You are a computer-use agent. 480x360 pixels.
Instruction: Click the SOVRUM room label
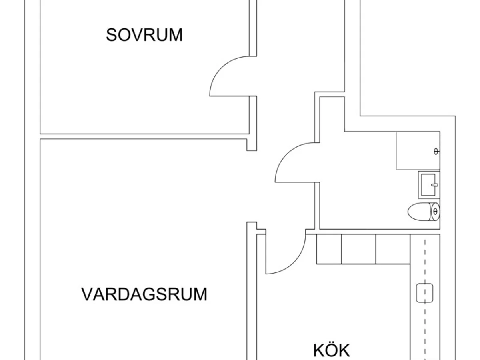tap(144, 35)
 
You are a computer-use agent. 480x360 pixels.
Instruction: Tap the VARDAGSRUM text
tap(144, 294)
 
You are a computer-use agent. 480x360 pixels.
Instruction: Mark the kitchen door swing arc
tap(294, 262)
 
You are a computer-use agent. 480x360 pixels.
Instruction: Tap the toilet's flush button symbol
tap(435, 211)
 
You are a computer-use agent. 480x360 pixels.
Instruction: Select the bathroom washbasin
tap(429, 185)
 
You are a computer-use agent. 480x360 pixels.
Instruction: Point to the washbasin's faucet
tap(435, 185)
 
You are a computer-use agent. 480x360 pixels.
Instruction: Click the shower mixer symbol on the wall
tap(436, 151)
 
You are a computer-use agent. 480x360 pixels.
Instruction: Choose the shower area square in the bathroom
tap(418, 151)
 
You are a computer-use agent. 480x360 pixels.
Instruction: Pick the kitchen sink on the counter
tap(424, 293)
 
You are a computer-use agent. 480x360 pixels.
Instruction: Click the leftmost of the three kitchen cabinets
tap(329, 249)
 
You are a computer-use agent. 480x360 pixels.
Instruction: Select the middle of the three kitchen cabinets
tap(359, 249)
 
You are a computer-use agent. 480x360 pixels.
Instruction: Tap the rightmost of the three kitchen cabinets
tap(393, 249)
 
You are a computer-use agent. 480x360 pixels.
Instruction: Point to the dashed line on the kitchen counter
tap(425, 300)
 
